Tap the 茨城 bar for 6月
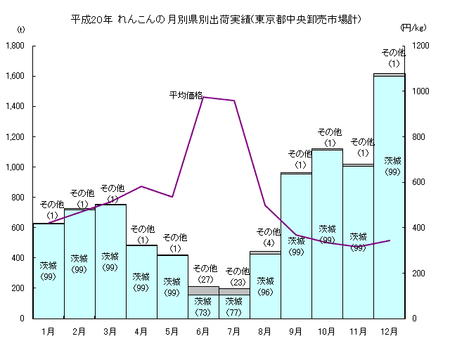coord(203,307)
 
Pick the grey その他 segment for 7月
coord(234,291)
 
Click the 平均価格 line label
coord(186,94)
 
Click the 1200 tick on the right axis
coord(420,46)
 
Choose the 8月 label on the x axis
coord(265,330)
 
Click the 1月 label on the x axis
coord(49,330)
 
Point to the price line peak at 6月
coord(203,97)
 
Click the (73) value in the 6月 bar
coord(203,311)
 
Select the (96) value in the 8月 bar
coord(265,292)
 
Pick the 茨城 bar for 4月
coord(141,281)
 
